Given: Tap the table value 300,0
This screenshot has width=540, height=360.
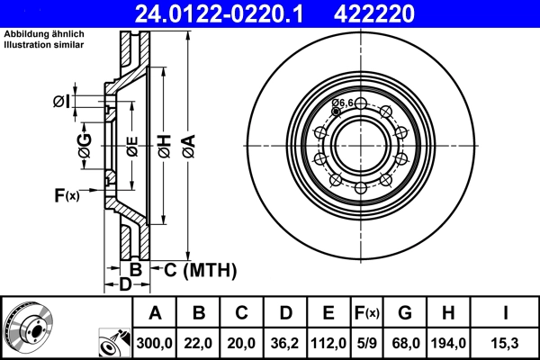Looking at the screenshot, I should tap(155, 343).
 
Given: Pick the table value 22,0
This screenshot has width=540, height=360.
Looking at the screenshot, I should tap(199, 343).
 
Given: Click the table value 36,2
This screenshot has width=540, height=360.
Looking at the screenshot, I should tap(285, 343).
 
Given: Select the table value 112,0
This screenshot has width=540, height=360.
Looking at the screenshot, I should tap(329, 343).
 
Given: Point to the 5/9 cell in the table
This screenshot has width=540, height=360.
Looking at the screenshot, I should tap(366, 343).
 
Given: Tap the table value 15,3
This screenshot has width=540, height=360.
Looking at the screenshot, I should tap(505, 343).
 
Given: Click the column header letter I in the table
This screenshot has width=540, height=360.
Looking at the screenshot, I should tap(505, 313).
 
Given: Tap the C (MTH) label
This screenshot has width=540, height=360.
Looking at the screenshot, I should tap(199, 269).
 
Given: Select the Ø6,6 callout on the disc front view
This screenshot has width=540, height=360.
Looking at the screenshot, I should tap(343, 103).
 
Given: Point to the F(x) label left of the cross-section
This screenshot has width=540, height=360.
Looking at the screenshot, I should tap(67, 194).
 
